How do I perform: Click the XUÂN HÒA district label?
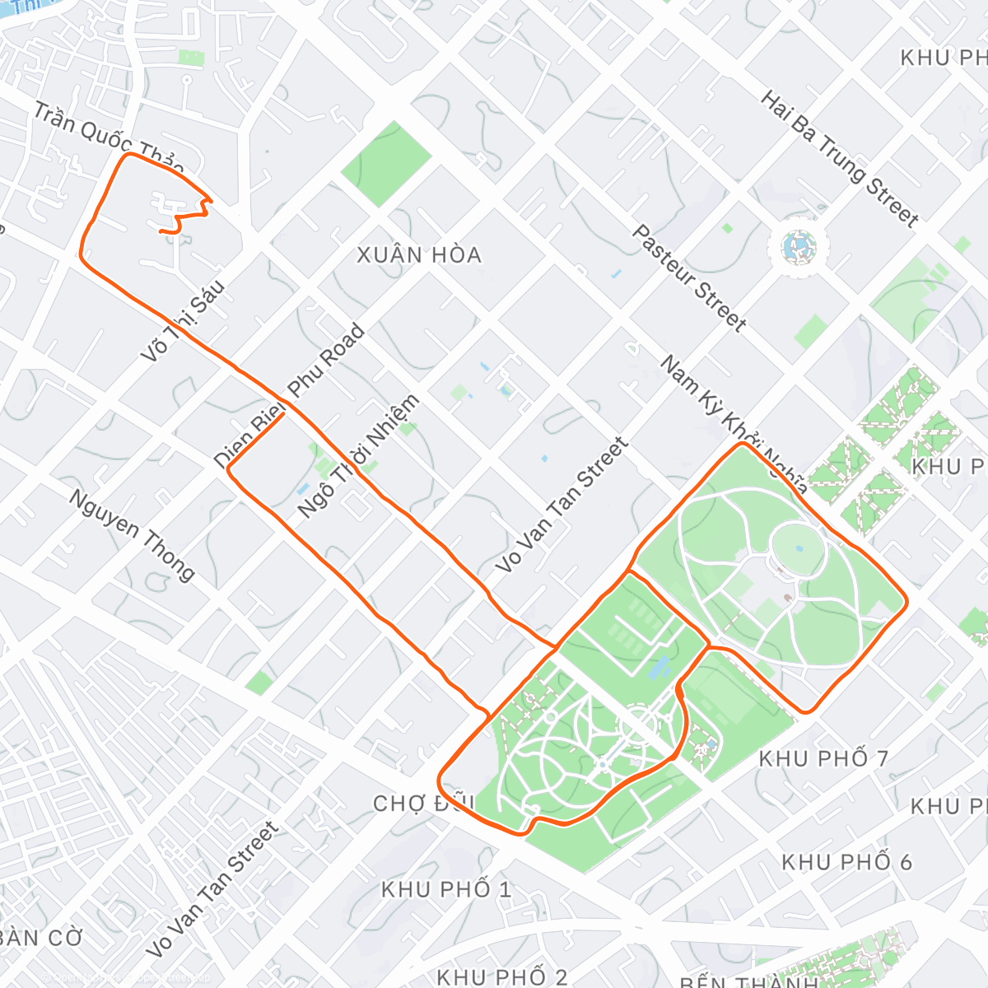(419, 255)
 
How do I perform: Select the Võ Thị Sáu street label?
(183, 322)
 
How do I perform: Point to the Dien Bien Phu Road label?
(289, 396)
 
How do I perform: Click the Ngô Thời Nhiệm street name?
(358, 456)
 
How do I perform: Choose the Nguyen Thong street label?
(132, 535)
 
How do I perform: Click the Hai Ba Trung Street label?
(839, 159)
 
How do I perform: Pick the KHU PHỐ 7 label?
(823, 758)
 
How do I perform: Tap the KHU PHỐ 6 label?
(846, 862)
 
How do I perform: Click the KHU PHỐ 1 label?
(446, 889)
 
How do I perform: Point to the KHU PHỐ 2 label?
(501, 976)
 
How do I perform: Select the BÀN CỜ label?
(41, 938)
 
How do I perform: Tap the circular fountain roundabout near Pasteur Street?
(799, 246)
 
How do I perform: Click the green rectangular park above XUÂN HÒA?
(386, 164)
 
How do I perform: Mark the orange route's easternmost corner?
(906, 604)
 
